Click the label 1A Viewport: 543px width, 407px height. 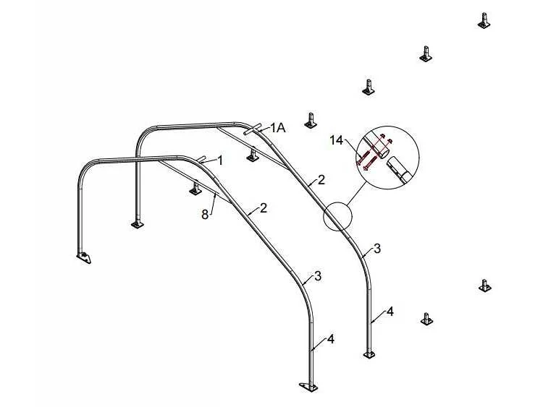coord(278,128)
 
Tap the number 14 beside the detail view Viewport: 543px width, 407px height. coord(336,140)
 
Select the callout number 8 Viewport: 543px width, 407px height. coord(205,215)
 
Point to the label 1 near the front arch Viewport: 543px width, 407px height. coord(219,160)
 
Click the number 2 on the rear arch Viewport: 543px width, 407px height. coord(321,180)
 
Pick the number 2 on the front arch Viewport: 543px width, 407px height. coord(264,208)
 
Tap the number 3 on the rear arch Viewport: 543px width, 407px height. coord(377,248)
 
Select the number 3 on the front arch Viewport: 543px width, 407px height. coord(318,276)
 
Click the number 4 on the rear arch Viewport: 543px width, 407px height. coord(390,312)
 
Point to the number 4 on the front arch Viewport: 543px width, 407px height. coord(331,339)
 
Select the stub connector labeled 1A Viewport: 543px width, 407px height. coord(253,129)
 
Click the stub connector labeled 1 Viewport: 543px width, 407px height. coord(201,159)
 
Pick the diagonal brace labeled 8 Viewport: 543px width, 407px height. coord(195,181)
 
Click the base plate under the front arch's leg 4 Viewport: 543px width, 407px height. coord(309,387)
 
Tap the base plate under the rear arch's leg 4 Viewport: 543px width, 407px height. coord(369,355)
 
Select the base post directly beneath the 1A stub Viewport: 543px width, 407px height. coord(253,154)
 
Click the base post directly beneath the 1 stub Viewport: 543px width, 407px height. coord(195,188)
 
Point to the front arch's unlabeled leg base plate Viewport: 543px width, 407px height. coord(84,257)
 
